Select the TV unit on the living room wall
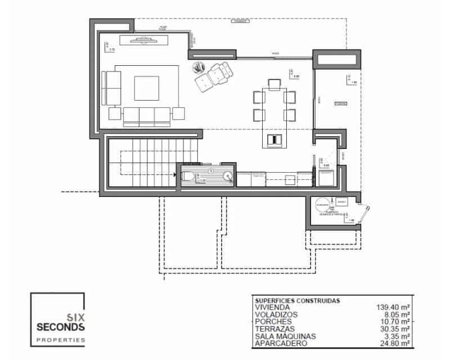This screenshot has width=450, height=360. pyautogui.click(x=143, y=39)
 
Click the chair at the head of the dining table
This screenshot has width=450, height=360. pyautogui.click(x=274, y=84)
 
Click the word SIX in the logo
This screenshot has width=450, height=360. pyautogui.click(x=75, y=317)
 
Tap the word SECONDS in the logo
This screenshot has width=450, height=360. pyautogui.click(x=60, y=327)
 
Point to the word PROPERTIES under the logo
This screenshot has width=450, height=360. pyautogui.click(x=60, y=340)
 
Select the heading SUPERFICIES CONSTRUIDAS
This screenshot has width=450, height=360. pyautogui.click(x=297, y=301)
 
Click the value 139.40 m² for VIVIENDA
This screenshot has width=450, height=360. pyautogui.click(x=393, y=308)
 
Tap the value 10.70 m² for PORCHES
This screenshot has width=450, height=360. pyautogui.click(x=394, y=322)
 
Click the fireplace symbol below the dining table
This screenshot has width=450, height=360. pyautogui.click(x=274, y=139)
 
